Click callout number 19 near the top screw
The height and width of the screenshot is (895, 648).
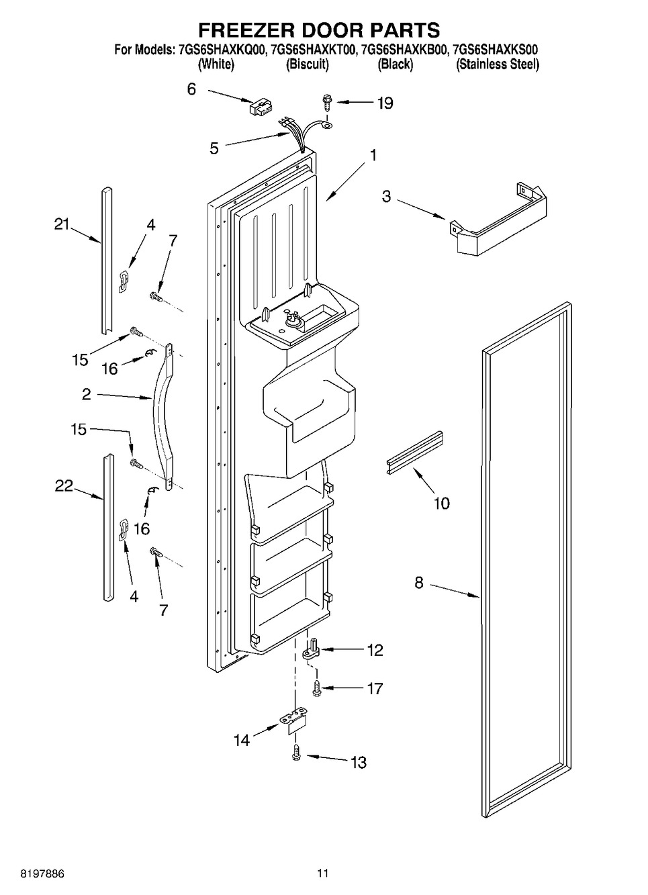[385, 103]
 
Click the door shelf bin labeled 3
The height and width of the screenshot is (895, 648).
[498, 219]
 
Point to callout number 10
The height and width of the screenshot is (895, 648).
[441, 503]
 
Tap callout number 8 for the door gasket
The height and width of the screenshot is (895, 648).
[419, 583]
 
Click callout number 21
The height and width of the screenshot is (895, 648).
[62, 224]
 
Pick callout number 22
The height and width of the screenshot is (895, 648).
[64, 486]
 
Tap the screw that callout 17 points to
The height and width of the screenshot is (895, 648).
[317, 688]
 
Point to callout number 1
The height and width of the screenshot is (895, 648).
[373, 155]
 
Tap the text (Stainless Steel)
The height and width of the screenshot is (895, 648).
[498, 64]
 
